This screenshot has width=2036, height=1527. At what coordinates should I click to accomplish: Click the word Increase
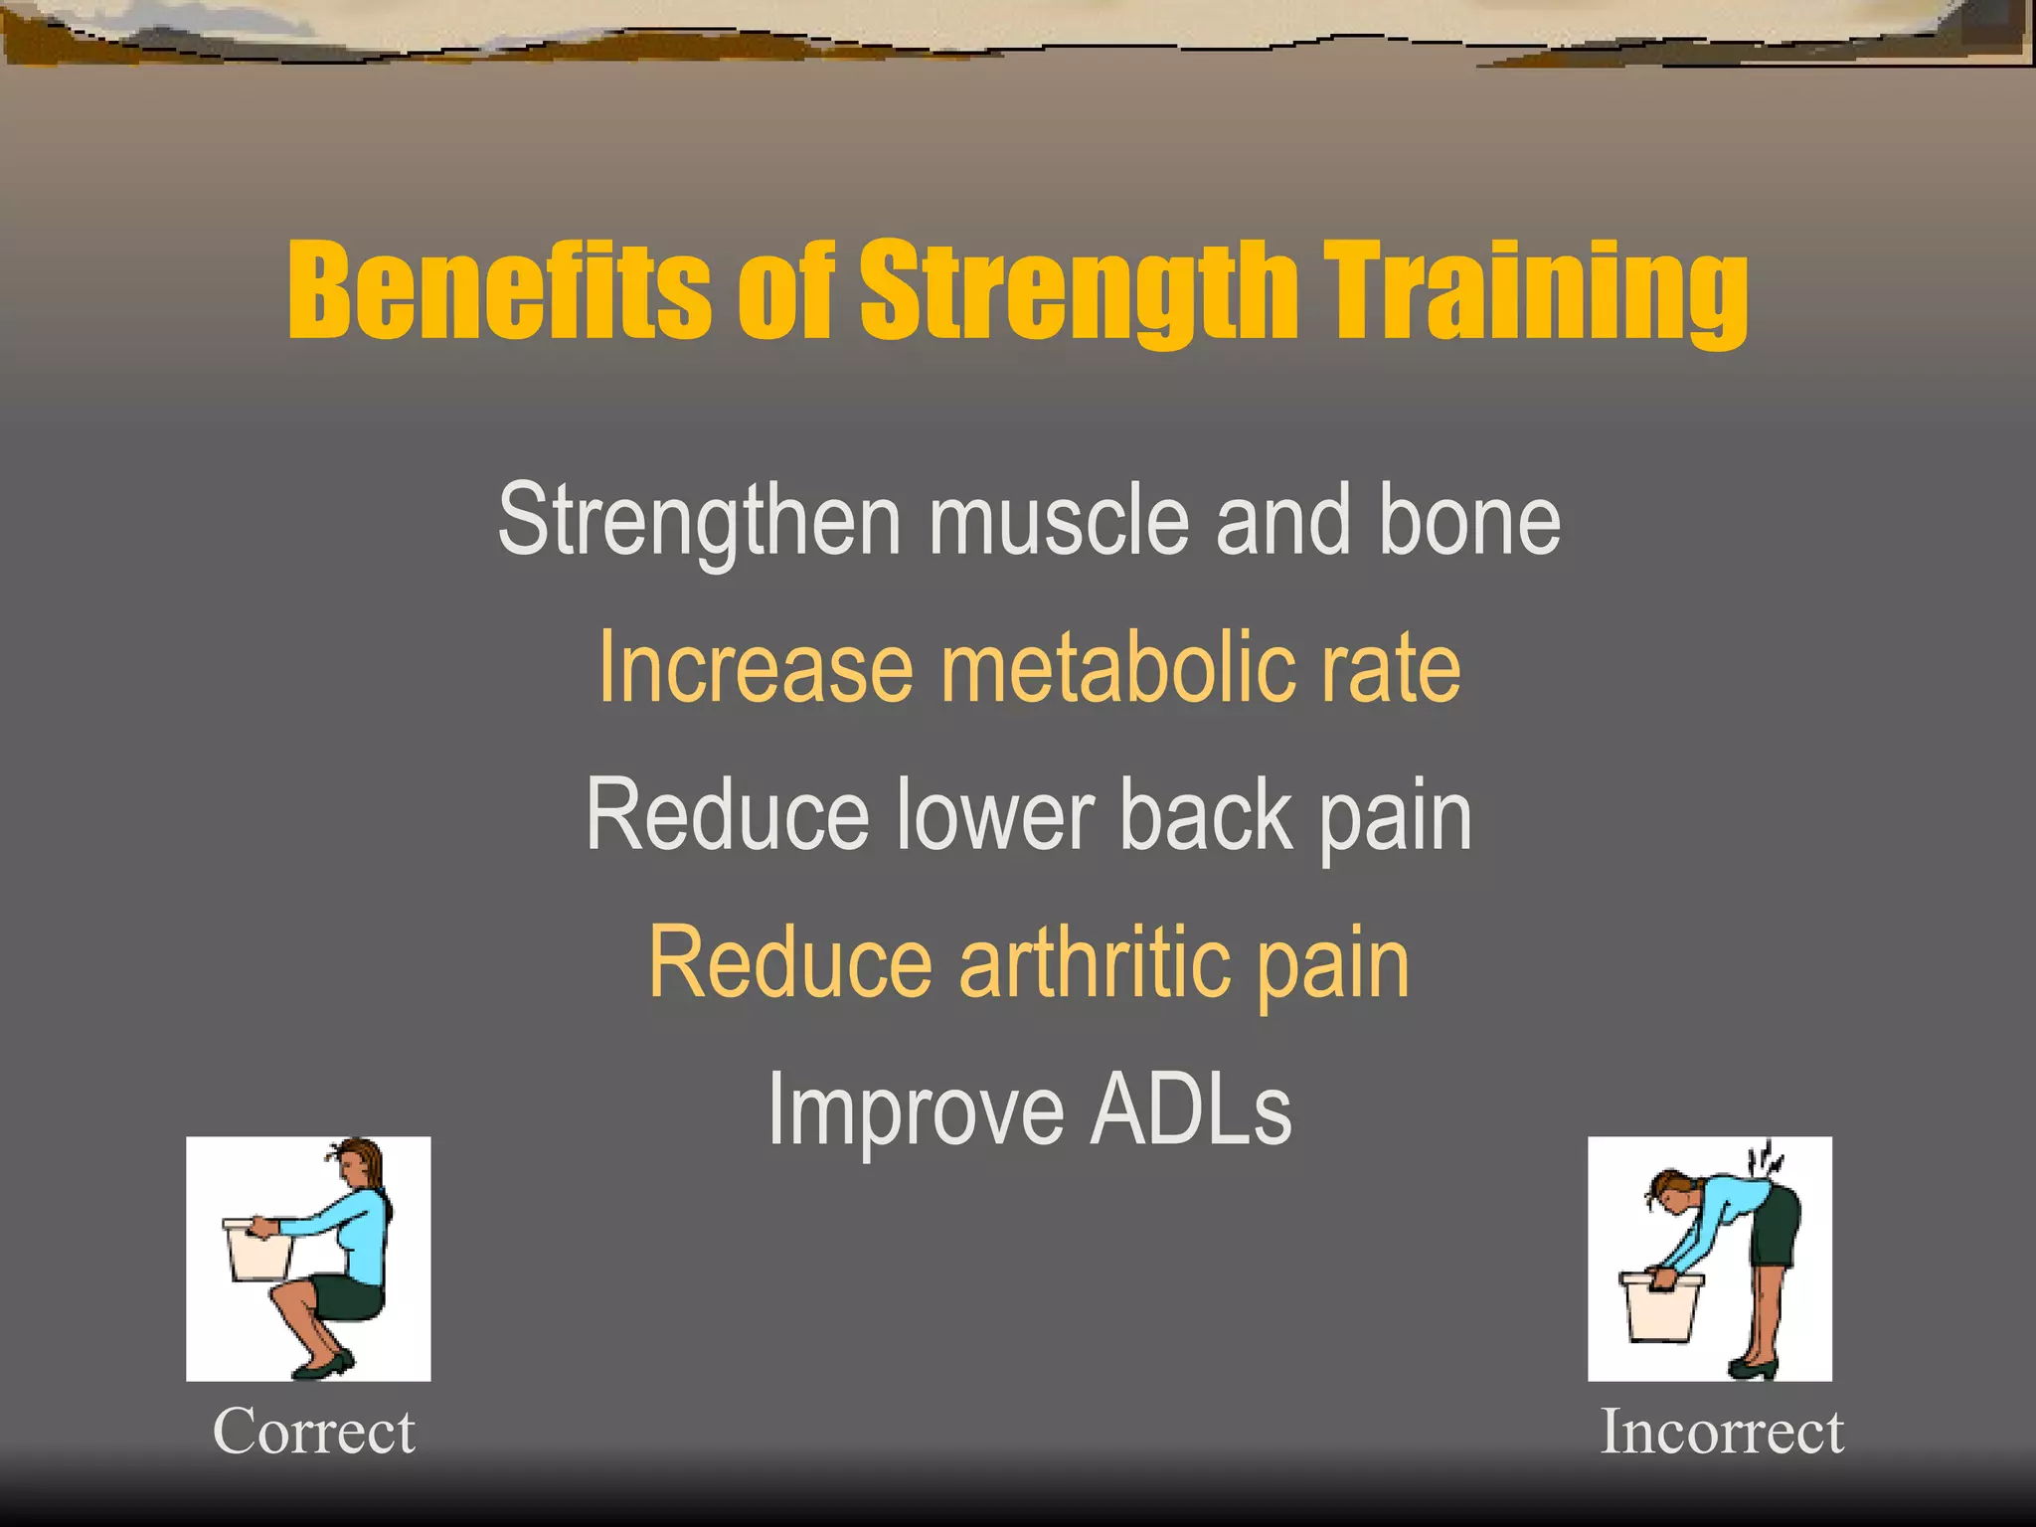(x=755, y=668)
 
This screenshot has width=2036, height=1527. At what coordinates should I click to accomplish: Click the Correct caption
(x=313, y=1433)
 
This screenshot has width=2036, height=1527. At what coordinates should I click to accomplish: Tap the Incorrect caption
(x=1721, y=1433)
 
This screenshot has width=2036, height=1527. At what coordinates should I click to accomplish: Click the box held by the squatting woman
(x=257, y=1252)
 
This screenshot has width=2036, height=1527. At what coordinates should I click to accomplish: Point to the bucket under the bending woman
(x=1660, y=1307)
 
